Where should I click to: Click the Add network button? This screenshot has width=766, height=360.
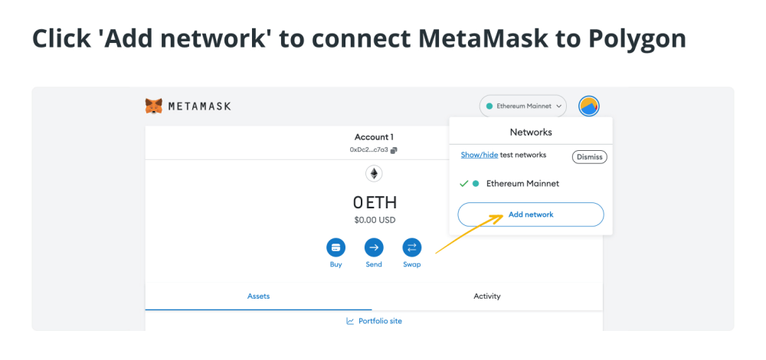click(530, 214)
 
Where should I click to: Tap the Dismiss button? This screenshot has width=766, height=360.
click(589, 157)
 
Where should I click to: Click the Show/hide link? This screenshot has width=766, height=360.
click(479, 155)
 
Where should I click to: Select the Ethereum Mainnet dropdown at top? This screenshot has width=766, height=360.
click(523, 106)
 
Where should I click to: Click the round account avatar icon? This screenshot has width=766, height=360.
click(589, 106)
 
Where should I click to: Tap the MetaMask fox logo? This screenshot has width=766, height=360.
click(153, 106)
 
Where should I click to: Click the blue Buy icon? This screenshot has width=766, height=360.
click(336, 247)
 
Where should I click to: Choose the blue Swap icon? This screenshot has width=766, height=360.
click(411, 247)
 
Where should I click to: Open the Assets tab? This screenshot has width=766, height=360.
click(258, 296)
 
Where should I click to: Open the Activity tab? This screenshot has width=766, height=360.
click(487, 296)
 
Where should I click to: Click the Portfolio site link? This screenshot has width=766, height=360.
click(380, 321)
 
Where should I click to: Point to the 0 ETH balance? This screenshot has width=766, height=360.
click(375, 203)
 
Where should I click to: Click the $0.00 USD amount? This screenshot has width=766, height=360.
click(375, 220)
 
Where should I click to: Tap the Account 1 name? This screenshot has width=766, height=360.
click(374, 137)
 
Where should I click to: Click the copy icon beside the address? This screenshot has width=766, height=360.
click(394, 150)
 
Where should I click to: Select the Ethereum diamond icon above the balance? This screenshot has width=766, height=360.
click(374, 174)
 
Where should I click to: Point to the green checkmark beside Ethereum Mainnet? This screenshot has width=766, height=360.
click(463, 184)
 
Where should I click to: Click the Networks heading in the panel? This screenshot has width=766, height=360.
click(530, 132)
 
